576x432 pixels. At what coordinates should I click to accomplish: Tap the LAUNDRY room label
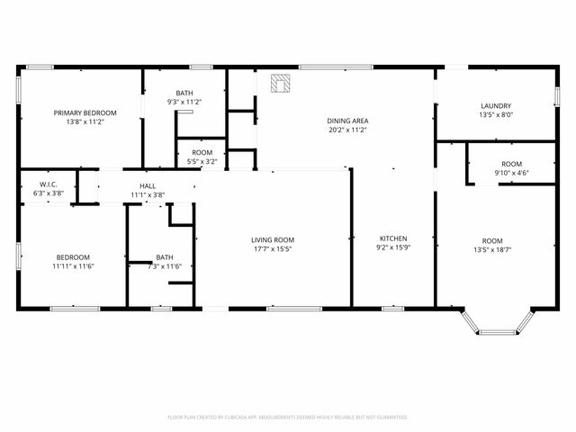coord(496,105)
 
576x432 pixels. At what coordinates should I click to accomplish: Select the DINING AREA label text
coord(348,121)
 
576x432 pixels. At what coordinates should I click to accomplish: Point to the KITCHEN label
coord(393,238)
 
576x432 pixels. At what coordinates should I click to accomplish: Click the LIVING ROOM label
coord(273,239)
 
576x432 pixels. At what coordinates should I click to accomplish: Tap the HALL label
coord(148,185)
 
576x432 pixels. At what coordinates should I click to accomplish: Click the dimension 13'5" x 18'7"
coord(492,249)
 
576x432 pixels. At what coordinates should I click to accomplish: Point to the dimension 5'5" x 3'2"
coord(202,162)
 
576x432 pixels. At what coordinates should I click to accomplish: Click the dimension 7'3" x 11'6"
coord(165,265)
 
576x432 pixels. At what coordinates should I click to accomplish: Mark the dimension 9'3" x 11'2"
coord(184,102)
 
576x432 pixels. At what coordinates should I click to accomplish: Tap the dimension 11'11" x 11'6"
coord(74,265)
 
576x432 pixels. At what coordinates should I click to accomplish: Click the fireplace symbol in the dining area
coord(281,84)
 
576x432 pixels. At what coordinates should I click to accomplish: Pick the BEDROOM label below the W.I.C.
coord(74,256)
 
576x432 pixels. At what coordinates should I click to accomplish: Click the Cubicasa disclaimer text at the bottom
coord(288,418)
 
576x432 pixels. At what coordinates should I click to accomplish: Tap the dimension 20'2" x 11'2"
coord(348,130)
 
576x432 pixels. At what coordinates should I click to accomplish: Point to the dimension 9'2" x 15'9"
coord(393,247)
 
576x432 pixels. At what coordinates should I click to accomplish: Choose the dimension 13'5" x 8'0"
coord(496,114)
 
